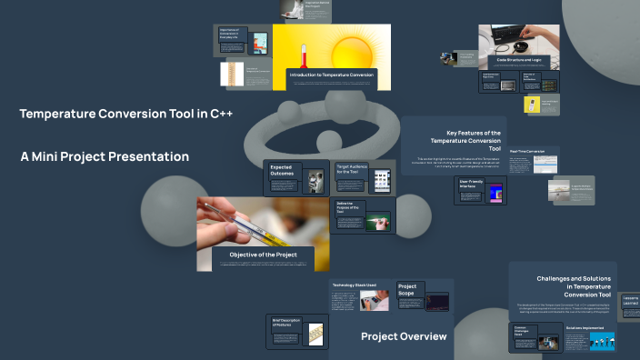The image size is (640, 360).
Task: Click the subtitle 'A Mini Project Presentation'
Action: click(105, 156)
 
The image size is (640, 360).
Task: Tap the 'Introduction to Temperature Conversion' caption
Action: click(332, 74)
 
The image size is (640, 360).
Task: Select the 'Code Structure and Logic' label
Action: click(519, 60)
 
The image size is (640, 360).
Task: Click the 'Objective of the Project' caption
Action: click(263, 255)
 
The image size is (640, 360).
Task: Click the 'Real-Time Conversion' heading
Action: click(525, 152)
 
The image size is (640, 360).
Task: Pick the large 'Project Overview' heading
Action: click(404, 336)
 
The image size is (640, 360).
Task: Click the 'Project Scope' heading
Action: click(407, 290)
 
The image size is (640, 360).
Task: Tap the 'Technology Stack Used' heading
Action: click(354, 285)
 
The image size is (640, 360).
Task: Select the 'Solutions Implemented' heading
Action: click(585, 327)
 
